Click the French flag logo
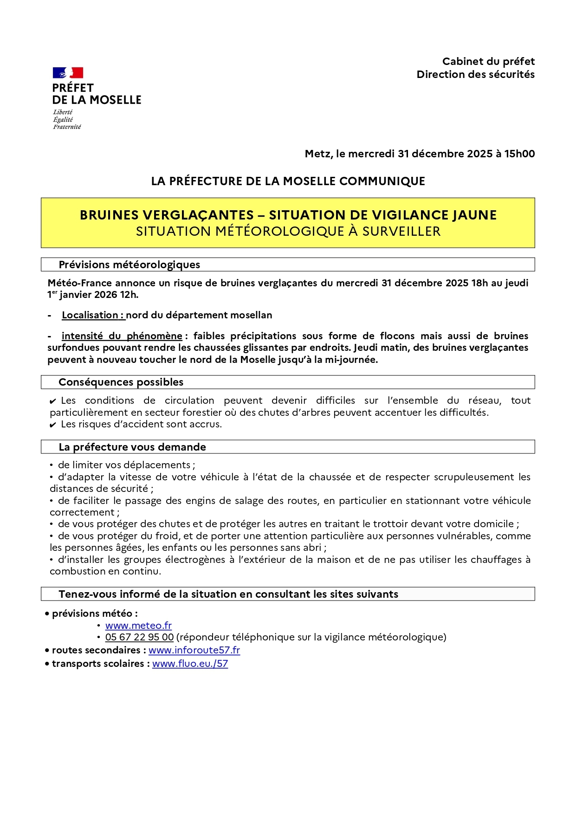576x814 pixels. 68,73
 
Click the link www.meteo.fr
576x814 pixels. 138,626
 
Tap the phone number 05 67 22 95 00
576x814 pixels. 139,637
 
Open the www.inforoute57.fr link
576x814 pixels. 194,650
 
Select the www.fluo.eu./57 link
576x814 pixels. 190,664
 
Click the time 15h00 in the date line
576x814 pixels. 519,154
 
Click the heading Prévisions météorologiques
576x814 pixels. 129,265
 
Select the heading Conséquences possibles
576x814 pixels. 121,382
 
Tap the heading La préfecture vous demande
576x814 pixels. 132,447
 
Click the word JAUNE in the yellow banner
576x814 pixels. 473,215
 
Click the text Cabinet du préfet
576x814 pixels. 488,61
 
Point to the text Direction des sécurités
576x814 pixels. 475,74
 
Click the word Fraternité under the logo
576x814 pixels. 67,127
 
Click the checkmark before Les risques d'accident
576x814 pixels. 53,425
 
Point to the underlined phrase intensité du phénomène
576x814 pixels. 122,336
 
